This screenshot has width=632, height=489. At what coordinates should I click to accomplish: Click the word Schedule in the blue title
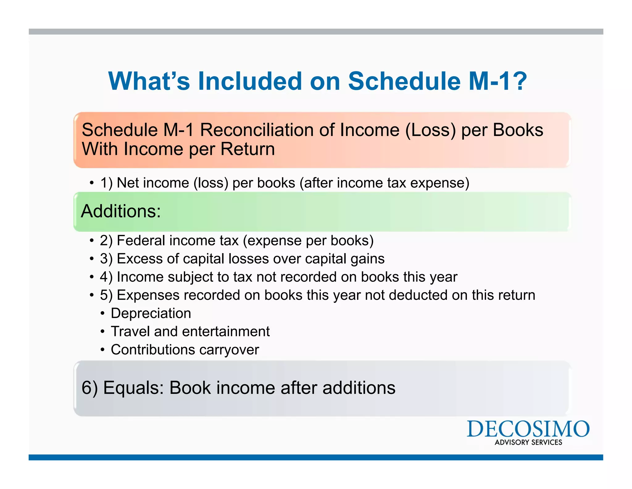pos(404,81)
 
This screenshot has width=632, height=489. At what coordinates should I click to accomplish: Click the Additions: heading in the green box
pos(121,211)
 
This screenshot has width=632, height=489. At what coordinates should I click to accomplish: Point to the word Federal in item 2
pos(141,240)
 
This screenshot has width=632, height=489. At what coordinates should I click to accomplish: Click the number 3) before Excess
pos(106,259)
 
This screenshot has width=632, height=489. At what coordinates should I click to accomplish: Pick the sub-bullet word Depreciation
pos(151,313)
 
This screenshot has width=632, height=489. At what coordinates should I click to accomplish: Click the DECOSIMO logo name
pos(528,429)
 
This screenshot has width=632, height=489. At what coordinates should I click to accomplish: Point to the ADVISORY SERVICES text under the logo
pos(528,442)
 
